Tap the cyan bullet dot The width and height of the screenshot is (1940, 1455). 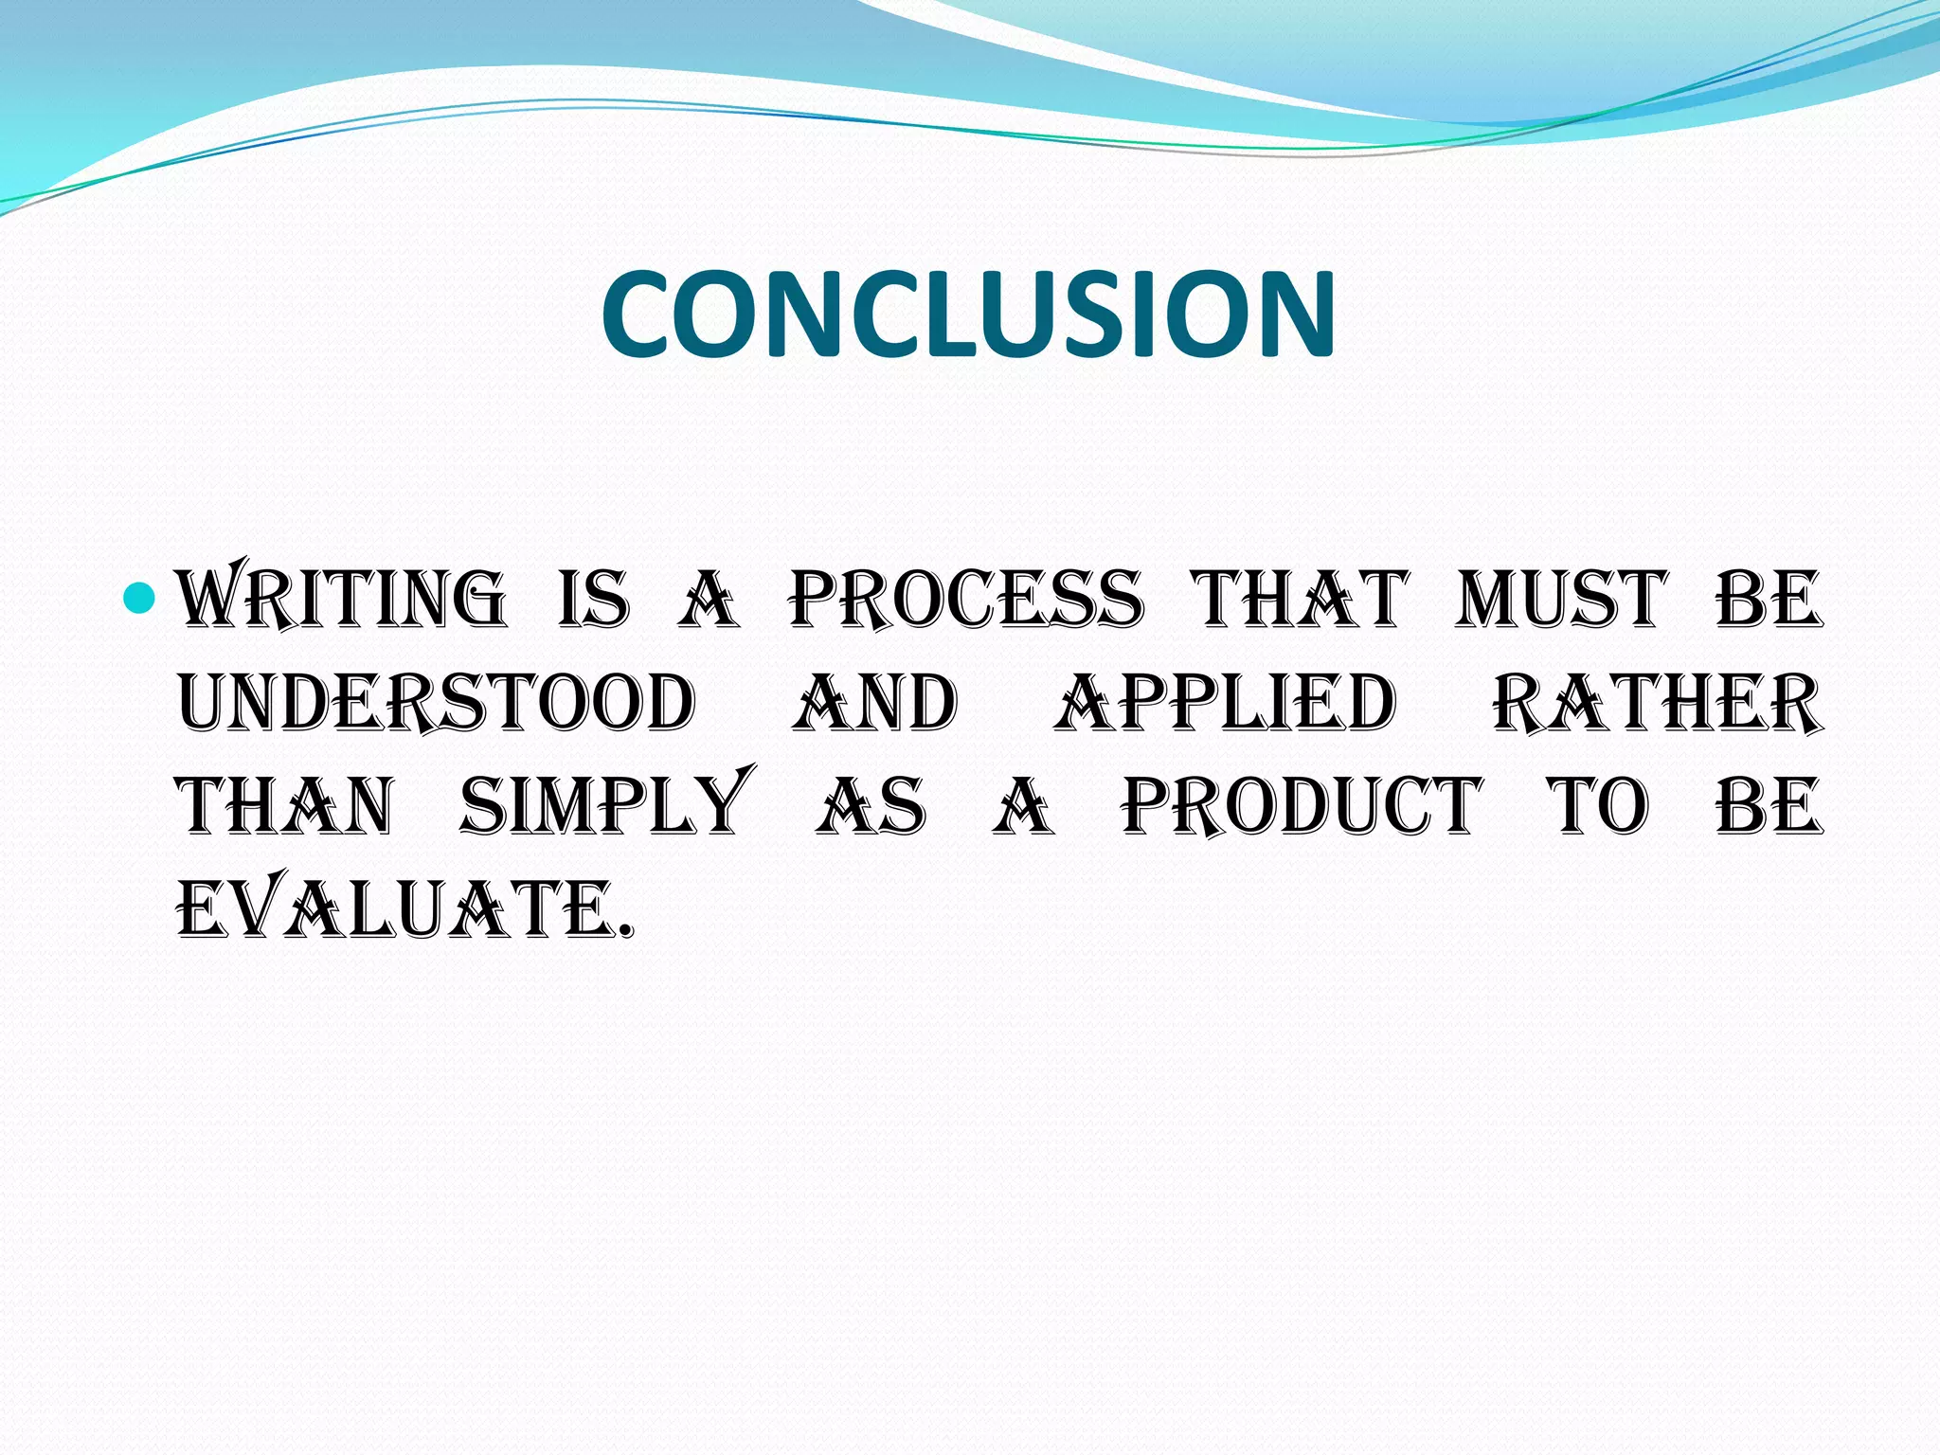pos(139,598)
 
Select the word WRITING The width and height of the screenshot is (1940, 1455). pos(343,600)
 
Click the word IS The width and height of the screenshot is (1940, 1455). pos(594,600)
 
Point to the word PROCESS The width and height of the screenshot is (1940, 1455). pos(967,600)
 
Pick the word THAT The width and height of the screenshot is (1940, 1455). pos(1302,600)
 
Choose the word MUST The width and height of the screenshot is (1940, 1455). pos(1561,600)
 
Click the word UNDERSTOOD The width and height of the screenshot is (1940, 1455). pos(438,704)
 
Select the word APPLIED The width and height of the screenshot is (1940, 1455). pos(1225,704)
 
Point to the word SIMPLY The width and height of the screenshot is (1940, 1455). pos(606,805)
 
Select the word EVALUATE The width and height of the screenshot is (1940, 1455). pos(404,909)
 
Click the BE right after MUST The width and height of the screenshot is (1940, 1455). pos(1769,600)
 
